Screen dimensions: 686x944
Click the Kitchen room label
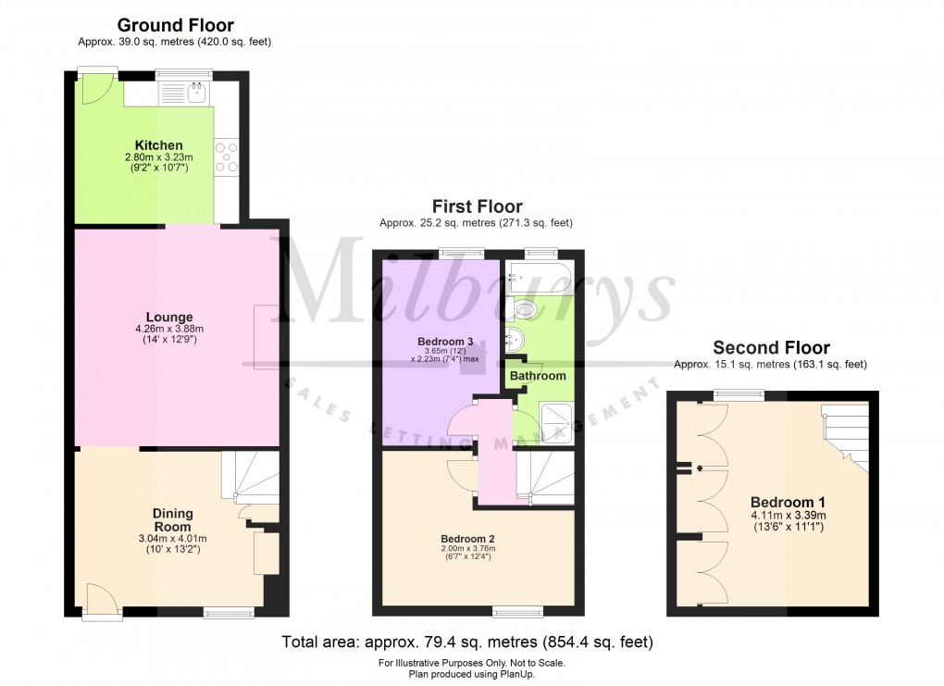tap(158, 145)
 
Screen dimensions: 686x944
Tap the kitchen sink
tap(196, 92)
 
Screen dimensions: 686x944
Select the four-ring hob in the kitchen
tap(226, 157)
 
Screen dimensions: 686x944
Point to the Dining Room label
tap(173, 519)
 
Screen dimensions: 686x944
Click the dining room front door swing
tap(100, 598)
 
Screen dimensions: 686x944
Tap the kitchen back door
tap(93, 88)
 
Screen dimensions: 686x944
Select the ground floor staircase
tap(250, 478)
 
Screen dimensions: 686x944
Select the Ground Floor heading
tap(175, 26)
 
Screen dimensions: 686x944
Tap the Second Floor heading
tap(770, 348)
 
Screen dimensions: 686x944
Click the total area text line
tap(467, 641)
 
